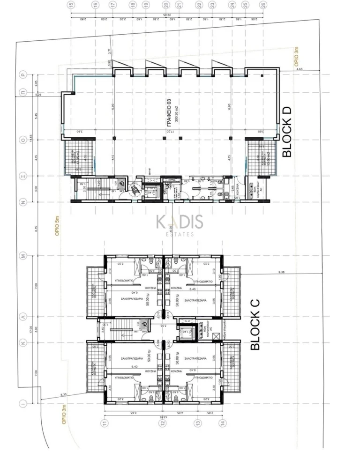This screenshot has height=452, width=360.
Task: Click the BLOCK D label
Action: pos(287,131)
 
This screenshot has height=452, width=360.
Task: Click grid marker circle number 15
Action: pos(71,5)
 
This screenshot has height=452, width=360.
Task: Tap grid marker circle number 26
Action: pos(263,5)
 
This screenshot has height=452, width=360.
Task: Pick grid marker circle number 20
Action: pos(166,5)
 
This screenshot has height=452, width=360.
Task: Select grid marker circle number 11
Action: pos(105,423)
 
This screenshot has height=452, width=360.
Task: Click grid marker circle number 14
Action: pos(222,423)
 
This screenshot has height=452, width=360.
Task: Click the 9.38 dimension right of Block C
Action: pos(282,272)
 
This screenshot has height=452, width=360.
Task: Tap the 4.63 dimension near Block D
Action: pos(300,70)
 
